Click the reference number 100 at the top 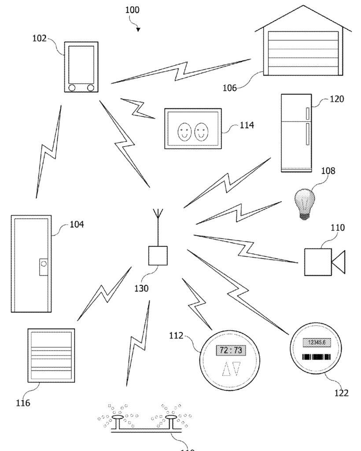pos(133,10)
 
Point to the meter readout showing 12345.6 pos(317,342)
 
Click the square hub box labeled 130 pos(158,256)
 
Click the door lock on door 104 pos(44,265)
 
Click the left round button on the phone pos(72,88)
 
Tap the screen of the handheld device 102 pos(81,63)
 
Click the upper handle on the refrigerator pos(307,113)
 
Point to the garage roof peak pos(303,7)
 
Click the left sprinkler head pos(118,417)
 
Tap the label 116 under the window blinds pos(23,403)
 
